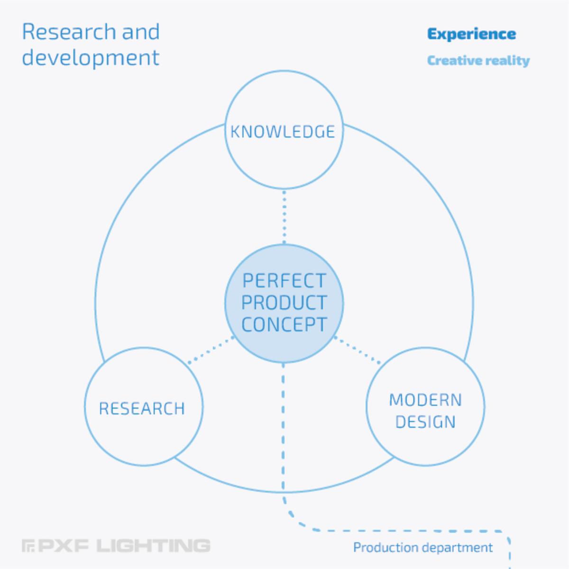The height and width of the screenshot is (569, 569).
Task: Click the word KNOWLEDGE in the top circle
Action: tap(283, 132)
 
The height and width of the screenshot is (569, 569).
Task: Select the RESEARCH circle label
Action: tap(142, 409)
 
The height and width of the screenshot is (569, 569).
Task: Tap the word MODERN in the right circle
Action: tap(425, 400)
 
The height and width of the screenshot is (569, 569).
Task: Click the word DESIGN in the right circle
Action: tap(425, 422)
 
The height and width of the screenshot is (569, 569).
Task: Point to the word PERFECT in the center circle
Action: tap(284, 281)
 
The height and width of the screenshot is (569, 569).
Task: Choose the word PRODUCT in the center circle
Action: tap(284, 303)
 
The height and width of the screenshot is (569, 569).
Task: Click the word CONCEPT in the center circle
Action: tap(284, 325)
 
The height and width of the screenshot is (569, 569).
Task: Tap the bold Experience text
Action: tap(471, 34)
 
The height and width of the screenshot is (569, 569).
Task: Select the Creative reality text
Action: tap(478, 61)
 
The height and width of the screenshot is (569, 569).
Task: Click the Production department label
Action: tap(423, 548)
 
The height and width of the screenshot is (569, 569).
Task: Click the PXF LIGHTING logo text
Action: tap(116, 545)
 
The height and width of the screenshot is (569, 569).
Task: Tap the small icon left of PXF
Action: tap(28, 546)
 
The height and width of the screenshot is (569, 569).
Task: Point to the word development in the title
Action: tap(91, 57)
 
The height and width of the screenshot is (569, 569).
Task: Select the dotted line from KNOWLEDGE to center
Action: tap(284, 217)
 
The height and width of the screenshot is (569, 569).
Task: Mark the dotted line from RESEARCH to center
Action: tap(211, 350)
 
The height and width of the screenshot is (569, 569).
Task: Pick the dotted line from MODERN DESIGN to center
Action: tap(358, 350)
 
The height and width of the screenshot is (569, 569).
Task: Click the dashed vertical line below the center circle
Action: tap(283, 428)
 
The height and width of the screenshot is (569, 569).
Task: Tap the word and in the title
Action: tap(141, 32)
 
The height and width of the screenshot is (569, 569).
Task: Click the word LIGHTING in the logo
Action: tap(153, 545)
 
